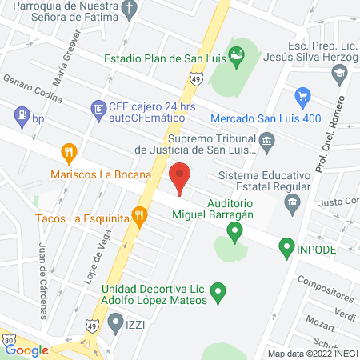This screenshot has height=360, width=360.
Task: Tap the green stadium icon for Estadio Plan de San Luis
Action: pos(236,56)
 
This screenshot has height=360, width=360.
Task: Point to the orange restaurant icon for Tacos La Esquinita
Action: pos(141,216)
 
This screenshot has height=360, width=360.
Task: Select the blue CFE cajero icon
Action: pos(98,108)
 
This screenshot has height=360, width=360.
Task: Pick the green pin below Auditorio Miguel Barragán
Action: pos(234,234)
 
